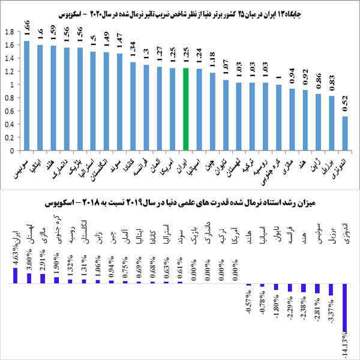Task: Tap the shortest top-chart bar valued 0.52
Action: click(x=345, y=133)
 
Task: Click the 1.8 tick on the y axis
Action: click(x=10, y=32)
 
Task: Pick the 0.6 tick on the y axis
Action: click(x=10, y=110)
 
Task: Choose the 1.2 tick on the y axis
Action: click(x=10, y=71)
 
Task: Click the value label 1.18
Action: click(x=212, y=62)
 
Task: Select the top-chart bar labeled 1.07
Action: click(x=226, y=114)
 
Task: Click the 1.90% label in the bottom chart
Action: click(x=56, y=263)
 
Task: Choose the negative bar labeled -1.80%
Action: click(x=276, y=286)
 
